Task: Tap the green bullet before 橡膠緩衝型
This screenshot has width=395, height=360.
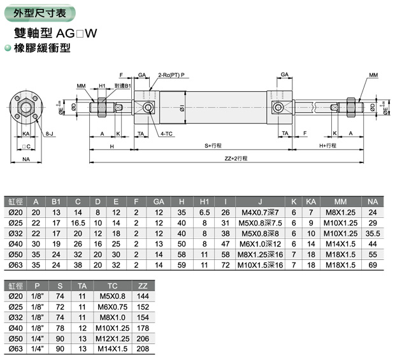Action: [x=7, y=48]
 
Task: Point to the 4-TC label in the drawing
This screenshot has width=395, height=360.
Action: [x=167, y=134]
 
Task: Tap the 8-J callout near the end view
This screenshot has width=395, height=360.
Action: [x=48, y=134]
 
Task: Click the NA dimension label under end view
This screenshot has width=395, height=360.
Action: [x=27, y=159]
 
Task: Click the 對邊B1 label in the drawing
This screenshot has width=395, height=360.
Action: [x=122, y=85]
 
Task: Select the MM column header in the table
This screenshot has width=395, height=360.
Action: [x=340, y=202]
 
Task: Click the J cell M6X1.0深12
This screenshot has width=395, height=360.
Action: [x=261, y=244]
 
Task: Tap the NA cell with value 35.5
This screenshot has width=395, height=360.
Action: [x=373, y=233]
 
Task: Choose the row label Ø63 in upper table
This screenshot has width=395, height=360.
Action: [x=14, y=265]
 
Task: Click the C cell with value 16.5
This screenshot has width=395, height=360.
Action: [x=78, y=223]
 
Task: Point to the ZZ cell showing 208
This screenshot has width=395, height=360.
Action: [x=142, y=349]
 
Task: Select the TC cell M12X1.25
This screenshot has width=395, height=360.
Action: [x=112, y=339]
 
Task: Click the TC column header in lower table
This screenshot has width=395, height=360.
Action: [x=112, y=286]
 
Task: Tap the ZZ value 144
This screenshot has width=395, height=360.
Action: [x=142, y=296]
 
